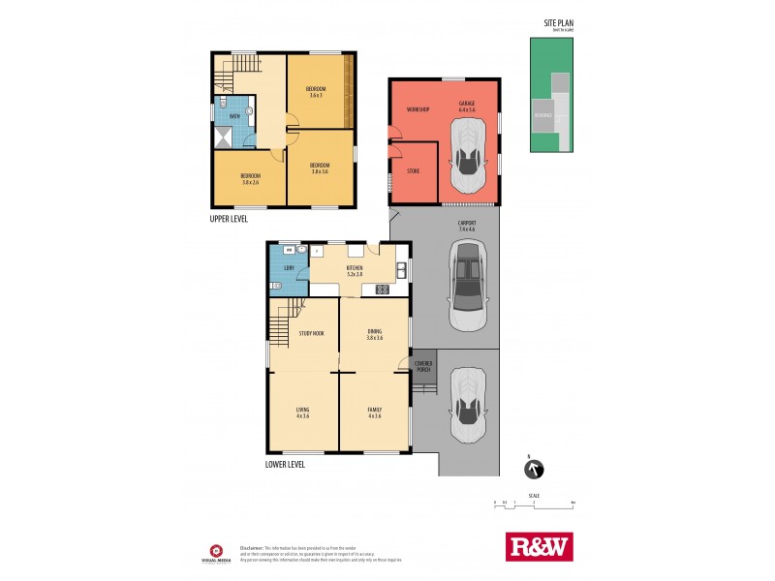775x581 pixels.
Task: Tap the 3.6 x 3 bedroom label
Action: pyautogui.click(x=313, y=92)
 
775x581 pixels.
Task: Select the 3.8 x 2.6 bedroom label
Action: pyautogui.click(x=251, y=178)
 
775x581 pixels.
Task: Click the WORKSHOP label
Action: pyautogui.click(x=418, y=108)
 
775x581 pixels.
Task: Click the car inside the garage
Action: pyautogui.click(x=468, y=157)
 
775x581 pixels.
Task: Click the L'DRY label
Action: pyautogui.click(x=289, y=267)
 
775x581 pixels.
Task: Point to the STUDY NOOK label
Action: pyautogui.click(x=311, y=333)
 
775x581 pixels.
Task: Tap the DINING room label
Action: pyautogui.click(x=374, y=334)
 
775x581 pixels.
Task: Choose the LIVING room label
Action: pyautogui.click(x=302, y=413)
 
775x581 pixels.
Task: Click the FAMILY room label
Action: pyautogui.click(x=374, y=413)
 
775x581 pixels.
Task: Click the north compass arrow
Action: pyautogui.click(x=533, y=470)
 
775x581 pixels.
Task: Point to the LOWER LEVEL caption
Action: pyautogui.click(x=285, y=464)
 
